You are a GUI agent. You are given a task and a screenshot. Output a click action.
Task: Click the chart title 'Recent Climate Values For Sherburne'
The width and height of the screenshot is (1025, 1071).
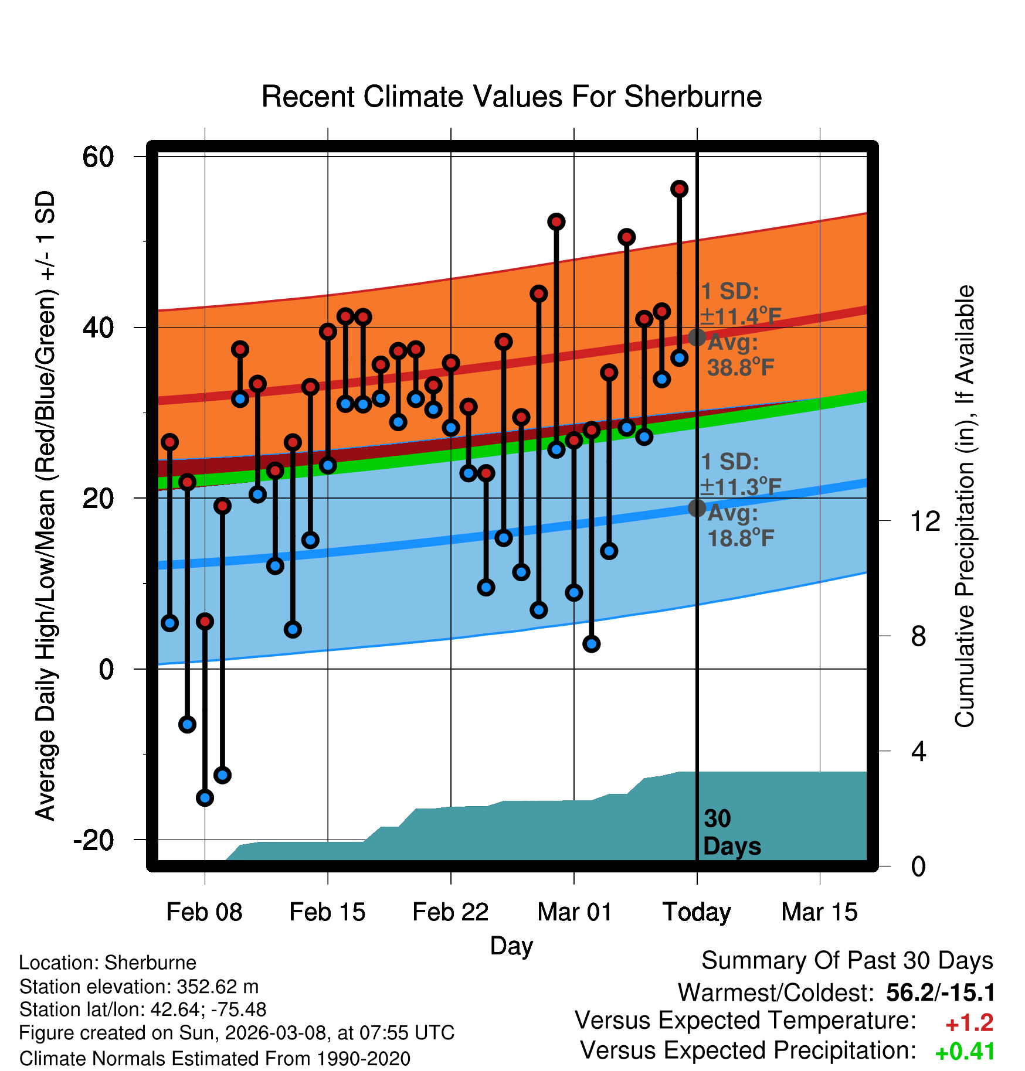coord(511,97)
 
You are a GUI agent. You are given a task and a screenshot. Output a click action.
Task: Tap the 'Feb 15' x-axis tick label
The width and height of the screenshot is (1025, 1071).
coord(327,912)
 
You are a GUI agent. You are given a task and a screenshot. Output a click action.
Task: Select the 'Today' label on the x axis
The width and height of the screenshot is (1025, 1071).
coord(697,912)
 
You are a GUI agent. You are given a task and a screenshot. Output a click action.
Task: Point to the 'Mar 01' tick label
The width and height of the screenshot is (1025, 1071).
coord(574,912)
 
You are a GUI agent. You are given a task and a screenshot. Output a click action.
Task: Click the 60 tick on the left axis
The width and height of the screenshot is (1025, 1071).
coord(98,157)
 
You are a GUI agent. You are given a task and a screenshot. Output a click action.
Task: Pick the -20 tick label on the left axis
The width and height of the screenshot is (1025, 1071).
coord(93,840)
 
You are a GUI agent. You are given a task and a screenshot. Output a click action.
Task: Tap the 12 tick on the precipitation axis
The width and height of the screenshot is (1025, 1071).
coord(925,521)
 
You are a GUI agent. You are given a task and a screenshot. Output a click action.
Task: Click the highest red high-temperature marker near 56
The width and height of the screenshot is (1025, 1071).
coord(679,189)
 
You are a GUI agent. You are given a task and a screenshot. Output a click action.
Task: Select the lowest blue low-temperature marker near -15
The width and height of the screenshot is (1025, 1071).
coord(205,797)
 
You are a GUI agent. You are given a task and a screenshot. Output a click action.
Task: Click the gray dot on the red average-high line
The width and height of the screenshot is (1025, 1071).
coord(697,337)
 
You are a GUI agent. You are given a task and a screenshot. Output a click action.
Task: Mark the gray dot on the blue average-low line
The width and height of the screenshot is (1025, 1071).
coord(697,508)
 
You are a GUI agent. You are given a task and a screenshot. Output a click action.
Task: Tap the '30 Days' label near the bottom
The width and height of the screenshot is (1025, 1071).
coord(731,833)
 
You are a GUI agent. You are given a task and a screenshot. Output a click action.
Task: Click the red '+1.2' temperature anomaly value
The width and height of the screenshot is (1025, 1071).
coord(969,1023)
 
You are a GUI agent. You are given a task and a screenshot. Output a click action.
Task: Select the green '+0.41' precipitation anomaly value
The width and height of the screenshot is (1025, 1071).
coord(965,1052)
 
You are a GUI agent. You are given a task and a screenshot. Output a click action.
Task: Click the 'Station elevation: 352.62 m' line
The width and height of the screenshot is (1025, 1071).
coord(139,987)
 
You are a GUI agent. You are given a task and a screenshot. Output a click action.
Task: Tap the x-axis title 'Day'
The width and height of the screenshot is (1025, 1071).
coord(511,946)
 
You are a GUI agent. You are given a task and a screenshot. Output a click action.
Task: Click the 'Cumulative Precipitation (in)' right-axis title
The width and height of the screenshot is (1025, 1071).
coord(965,507)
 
